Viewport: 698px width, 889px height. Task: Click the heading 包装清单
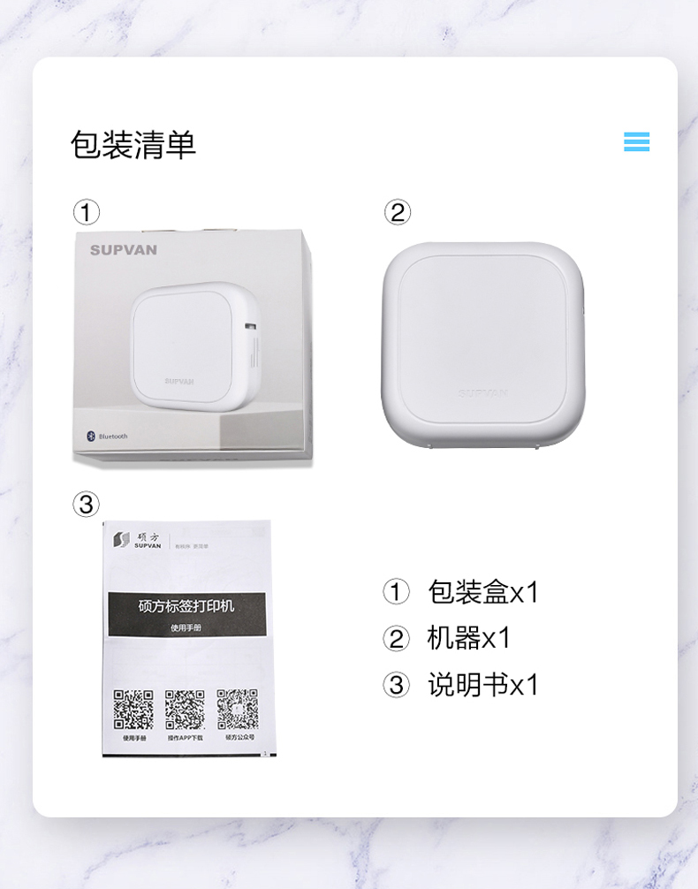pyautogui.click(x=133, y=144)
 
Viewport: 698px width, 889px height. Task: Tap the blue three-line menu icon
pyautogui.click(x=636, y=141)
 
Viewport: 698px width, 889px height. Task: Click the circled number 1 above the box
pyautogui.click(x=86, y=212)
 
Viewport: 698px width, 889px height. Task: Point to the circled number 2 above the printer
pyautogui.click(x=398, y=212)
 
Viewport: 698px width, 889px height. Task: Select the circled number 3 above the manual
pyautogui.click(x=86, y=505)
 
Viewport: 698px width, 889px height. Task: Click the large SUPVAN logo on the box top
pyautogui.click(x=124, y=250)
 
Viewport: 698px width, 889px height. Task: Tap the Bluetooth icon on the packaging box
pyautogui.click(x=89, y=436)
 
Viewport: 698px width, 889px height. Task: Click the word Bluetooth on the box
pyautogui.click(x=113, y=437)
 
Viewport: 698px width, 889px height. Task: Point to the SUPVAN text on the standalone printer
pyautogui.click(x=482, y=393)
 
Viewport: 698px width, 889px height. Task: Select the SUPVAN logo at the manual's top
pyautogui.click(x=133, y=538)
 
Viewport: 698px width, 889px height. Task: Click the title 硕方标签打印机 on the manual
pyautogui.click(x=186, y=607)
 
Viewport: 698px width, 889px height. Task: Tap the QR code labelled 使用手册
pyautogui.click(x=133, y=709)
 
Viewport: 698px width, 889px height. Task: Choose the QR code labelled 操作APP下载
pyautogui.click(x=186, y=709)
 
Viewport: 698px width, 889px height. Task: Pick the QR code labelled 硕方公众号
pyautogui.click(x=238, y=709)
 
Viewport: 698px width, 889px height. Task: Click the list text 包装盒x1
pyautogui.click(x=482, y=592)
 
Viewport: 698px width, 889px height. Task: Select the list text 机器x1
pyautogui.click(x=468, y=638)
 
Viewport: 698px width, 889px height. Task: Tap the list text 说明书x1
pyautogui.click(x=482, y=685)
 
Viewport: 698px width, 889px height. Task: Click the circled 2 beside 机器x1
pyautogui.click(x=397, y=639)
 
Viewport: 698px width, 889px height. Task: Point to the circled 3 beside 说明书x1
pyautogui.click(x=397, y=685)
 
